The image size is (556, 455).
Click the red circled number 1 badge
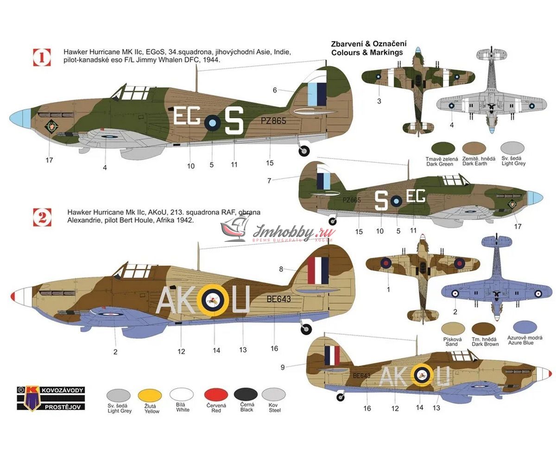42,57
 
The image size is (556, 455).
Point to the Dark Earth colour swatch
474,149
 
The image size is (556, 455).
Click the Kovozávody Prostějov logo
51,398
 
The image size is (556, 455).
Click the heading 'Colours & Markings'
367,52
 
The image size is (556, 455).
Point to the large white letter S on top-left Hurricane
234,120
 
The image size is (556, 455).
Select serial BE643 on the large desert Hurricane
279,299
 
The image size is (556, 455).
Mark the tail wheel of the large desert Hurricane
306,329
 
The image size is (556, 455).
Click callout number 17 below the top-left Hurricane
50,160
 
